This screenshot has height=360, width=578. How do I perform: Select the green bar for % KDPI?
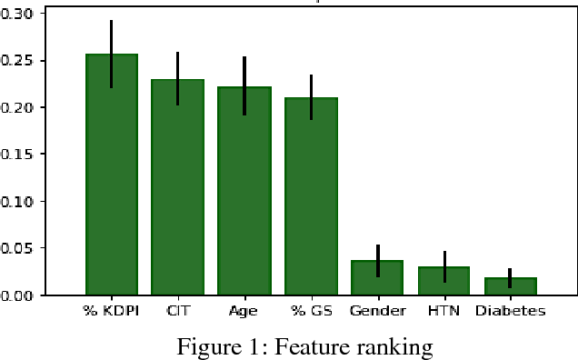112,182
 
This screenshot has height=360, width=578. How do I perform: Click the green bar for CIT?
178,195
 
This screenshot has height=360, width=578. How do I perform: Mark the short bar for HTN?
443,282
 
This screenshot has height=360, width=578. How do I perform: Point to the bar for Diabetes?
510,286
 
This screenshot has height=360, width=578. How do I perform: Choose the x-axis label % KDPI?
112,311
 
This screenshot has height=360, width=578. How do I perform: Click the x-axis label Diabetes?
510,311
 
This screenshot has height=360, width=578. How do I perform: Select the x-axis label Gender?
377,311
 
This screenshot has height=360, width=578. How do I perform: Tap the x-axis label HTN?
443,311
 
